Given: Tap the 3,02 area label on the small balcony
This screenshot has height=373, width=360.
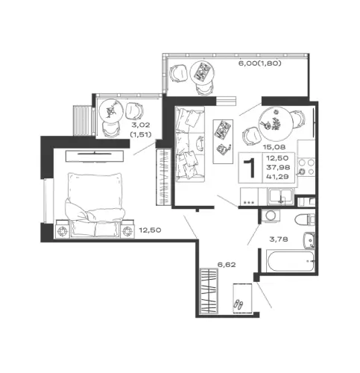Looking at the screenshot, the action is pyautogui.click(x=141, y=125).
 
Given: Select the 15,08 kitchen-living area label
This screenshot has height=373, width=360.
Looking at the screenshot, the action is pyautogui.click(x=274, y=147).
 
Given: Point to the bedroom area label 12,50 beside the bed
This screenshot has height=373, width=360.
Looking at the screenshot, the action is pyautogui.click(x=150, y=230).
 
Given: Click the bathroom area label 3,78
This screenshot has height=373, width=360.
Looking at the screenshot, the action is pyautogui.click(x=279, y=239).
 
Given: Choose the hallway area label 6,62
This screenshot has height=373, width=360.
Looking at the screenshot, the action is pyautogui.click(x=227, y=265).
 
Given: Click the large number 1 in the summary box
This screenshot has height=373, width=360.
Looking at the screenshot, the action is pyautogui.click(x=250, y=168).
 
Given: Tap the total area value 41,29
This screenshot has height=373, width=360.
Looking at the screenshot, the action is pyautogui.click(x=277, y=177).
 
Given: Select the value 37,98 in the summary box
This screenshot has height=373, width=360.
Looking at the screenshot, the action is pyautogui.click(x=278, y=167).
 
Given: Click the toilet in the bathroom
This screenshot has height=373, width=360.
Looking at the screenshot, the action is pyautogui.click(x=305, y=219).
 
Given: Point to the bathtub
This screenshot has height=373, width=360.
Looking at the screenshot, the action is pyautogui.click(x=291, y=261).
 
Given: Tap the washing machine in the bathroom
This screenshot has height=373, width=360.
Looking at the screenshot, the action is pyautogui.click(x=271, y=216).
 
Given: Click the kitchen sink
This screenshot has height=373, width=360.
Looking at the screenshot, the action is pyautogui.click(x=281, y=196).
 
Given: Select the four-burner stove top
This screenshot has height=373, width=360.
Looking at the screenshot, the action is pyautogui.click(x=306, y=167).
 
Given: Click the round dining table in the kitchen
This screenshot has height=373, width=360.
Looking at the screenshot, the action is pyautogui.click(x=276, y=124).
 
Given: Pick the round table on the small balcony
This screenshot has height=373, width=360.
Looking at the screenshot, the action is pyautogui.click(x=111, y=111).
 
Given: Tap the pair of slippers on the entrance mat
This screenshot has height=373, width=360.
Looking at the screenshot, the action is pyautogui.click(x=238, y=304).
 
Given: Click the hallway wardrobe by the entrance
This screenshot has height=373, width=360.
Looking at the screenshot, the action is pyautogui.click(x=209, y=291).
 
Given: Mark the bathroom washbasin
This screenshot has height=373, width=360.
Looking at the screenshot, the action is pyautogui.click(x=309, y=240).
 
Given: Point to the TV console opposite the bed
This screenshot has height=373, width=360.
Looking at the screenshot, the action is pyautogui.click(x=95, y=156).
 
